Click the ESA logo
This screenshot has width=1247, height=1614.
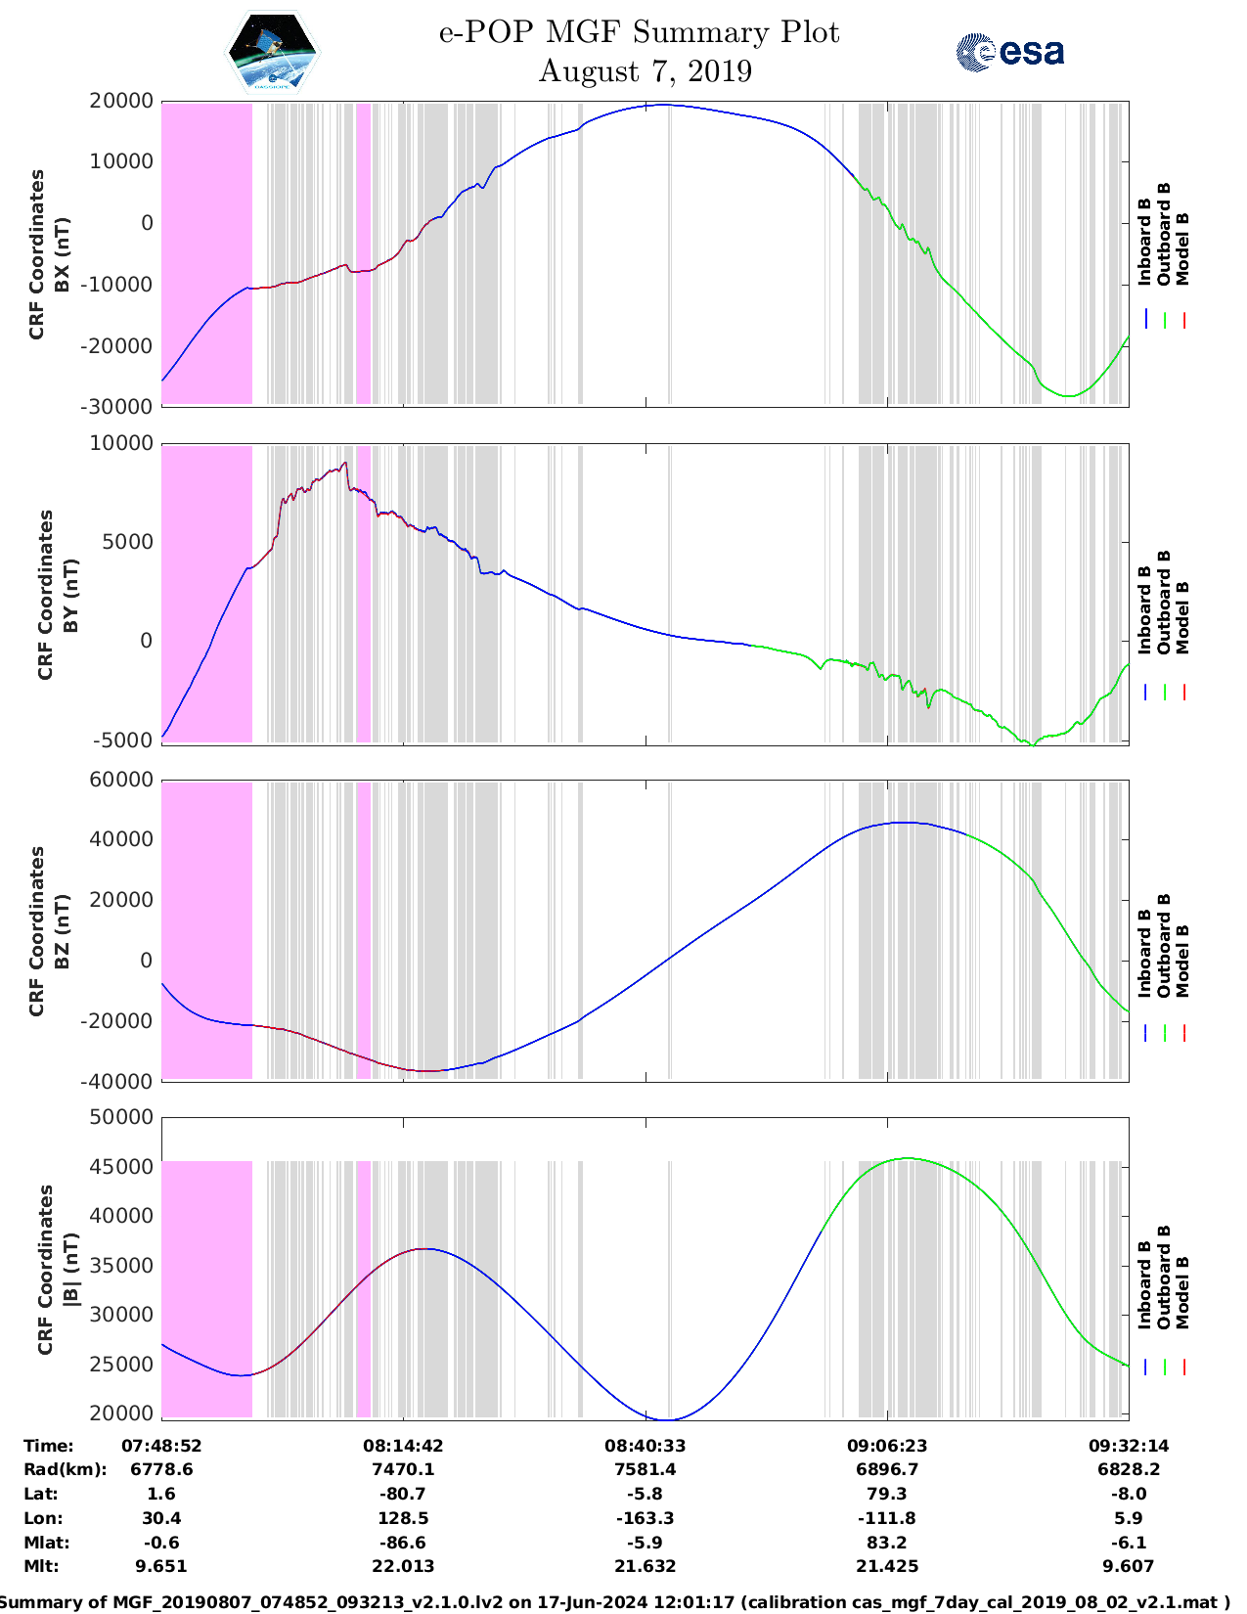1010,52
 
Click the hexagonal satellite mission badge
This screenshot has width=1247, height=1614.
272,52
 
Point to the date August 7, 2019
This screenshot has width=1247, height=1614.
645,71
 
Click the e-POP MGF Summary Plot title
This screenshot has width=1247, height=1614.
639,32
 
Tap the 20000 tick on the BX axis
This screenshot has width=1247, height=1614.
121,102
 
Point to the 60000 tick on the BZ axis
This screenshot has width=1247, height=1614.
121,780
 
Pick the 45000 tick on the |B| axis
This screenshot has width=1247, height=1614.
121,1167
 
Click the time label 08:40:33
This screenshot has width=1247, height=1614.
645,1446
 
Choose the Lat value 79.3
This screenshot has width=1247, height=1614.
887,1494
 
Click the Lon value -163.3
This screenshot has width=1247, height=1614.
645,1518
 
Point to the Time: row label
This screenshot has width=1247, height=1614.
49,1446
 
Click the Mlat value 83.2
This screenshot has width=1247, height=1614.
887,1543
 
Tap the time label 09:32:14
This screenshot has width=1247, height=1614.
1129,1446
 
